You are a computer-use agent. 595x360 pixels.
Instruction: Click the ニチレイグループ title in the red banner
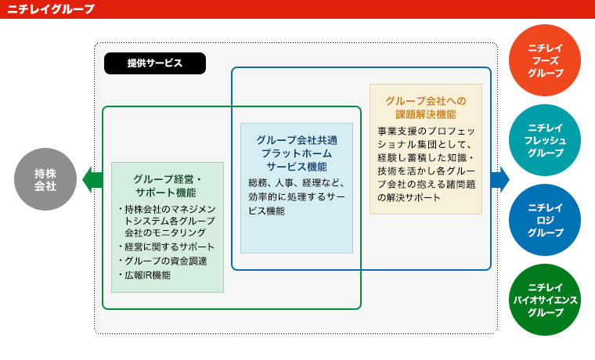coord(51,9)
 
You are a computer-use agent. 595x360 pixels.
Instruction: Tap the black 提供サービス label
coord(155,63)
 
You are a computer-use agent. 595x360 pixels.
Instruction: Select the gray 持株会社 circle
coord(45,179)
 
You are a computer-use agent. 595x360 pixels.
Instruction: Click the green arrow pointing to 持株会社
coord(92,179)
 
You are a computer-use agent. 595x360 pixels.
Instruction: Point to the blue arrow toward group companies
coord(500,179)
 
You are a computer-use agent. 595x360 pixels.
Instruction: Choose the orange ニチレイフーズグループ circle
coord(545,60)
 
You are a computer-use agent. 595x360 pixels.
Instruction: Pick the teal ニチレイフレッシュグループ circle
coord(545,140)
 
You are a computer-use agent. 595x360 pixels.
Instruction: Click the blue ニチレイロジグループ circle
coord(545,220)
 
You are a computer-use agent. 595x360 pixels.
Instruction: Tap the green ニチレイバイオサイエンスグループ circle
coord(545,299)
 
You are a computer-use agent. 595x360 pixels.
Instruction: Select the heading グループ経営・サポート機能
coord(168,185)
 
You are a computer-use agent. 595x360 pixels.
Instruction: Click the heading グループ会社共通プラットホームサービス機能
coord(297,153)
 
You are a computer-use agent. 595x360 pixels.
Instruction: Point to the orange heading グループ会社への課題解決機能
coord(426,107)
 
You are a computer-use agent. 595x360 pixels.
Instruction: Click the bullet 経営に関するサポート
coord(166,247)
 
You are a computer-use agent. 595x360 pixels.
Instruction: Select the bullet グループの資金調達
coord(162,261)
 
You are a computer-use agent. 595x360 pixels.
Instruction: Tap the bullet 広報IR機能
coord(144,275)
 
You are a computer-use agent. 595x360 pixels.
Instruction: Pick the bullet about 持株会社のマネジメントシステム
coord(167,221)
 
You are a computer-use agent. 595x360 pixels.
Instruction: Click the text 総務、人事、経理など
coord(296,183)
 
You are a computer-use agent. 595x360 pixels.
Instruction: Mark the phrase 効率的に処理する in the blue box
coord(283,197)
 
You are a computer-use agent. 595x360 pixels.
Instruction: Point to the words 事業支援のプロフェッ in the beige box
coord(426,131)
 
